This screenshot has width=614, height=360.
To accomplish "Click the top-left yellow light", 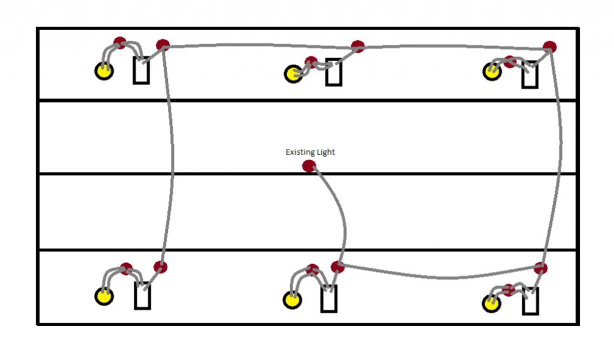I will [104, 71].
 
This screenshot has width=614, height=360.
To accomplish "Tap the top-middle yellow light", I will [293, 74].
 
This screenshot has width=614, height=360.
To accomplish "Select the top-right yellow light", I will [492, 71].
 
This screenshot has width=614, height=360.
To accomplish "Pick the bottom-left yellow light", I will [104, 296].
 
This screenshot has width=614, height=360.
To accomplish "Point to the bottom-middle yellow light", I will [293, 299].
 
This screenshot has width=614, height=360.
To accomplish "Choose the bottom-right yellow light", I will [492, 303].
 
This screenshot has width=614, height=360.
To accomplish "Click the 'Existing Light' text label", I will [310, 152].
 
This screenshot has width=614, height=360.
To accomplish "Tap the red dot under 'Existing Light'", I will [309, 166].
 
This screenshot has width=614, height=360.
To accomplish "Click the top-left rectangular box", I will [142, 71].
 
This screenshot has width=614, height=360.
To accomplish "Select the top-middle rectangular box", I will [334, 72].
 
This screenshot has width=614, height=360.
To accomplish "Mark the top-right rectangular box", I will [529, 74].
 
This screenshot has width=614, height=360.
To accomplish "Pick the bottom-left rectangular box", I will [142, 296].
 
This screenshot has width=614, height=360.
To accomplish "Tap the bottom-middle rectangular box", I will [329, 298].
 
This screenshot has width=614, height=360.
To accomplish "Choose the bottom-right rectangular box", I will [530, 301].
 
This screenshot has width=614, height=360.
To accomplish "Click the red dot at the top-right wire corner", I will [549, 47].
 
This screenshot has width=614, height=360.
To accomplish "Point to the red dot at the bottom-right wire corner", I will [541, 268].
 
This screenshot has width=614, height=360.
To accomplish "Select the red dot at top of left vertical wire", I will [162, 45].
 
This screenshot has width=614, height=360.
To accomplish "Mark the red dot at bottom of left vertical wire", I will [160, 267].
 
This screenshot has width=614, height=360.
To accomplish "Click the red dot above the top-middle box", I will [358, 46].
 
